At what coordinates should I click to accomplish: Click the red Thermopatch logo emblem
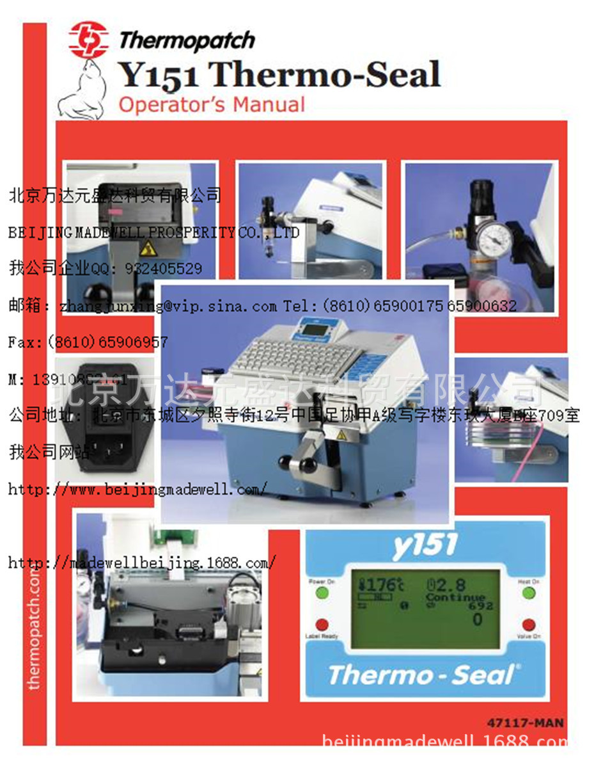(89, 40)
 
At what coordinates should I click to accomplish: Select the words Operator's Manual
(212, 104)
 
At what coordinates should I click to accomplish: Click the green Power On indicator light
(322, 592)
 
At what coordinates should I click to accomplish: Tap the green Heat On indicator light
(529, 592)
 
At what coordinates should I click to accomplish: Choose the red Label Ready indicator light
(322, 625)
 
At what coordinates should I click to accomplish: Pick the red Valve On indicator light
(529, 625)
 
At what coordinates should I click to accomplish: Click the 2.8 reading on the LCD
(451, 584)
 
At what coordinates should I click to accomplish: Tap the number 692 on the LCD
(480, 605)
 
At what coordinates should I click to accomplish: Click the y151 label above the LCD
(426, 545)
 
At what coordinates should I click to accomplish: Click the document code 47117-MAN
(525, 723)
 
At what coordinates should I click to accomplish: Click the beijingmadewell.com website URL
(137, 490)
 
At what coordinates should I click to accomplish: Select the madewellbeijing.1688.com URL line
(142, 563)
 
